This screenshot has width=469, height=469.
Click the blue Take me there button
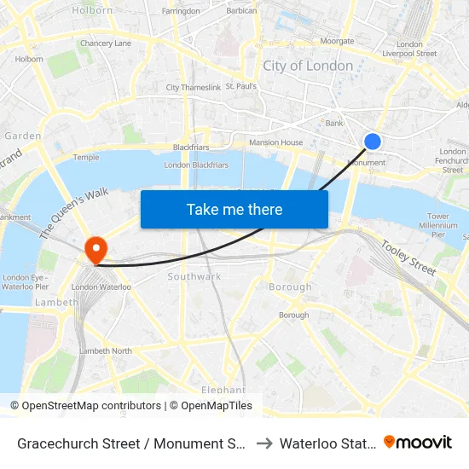pyautogui.click(x=234, y=209)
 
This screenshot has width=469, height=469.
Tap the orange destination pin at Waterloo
pyautogui.click(x=96, y=251)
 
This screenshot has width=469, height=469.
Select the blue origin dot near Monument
pyautogui.click(x=373, y=142)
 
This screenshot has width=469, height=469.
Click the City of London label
pyautogui.click(x=308, y=66)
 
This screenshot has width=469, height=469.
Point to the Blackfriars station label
pyautogui.click(x=191, y=148)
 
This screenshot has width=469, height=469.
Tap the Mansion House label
pyautogui.click(x=275, y=142)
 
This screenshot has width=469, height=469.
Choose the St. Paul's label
pyautogui.click(x=241, y=86)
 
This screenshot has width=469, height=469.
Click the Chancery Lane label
pyautogui.click(x=106, y=43)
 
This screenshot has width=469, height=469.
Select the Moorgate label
pyautogui.click(x=336, y=41)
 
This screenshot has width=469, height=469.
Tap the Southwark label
pyautogui.click(x=194, y=276)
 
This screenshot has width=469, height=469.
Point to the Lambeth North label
pyautogui.click(x=106, y=350)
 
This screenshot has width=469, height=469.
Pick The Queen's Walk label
pyautogui.click(x=75, y=212)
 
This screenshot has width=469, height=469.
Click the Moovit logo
pyautogui.click(x=418, y=442)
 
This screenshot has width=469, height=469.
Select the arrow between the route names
pyautogui.click(x=264, y=443)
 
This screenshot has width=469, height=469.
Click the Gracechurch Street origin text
pyautogui.click(x=132, y=443)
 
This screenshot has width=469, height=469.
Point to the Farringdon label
pyautogui.click(x=181, y=11)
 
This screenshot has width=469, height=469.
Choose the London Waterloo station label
pyautogui.click(x=101, y=287)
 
